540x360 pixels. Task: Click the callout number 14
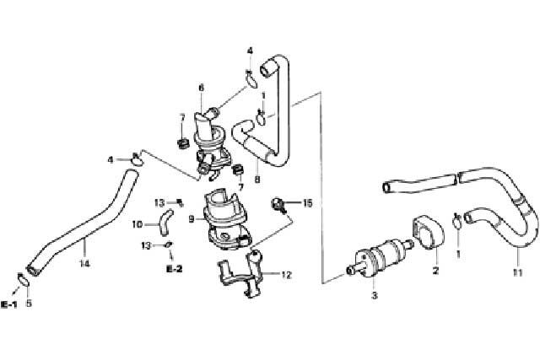(x=84, y=264)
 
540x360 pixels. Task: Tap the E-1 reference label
(x=9, y=304)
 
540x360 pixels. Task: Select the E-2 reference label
(x=175, y=269)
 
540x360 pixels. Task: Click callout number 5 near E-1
(x=29, y=304)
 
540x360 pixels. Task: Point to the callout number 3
(x=375, y=295)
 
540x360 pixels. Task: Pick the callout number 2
(x=435, y=271)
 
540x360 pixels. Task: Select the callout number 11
(x=517, y=272)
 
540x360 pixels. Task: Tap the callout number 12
(x=286, y=275)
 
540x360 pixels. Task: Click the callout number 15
(x=307, y=203)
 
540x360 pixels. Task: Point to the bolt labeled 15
(x=279, y=204)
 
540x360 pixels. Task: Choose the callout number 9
(x=192, y=218)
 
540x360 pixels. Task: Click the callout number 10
(x=138, y=224)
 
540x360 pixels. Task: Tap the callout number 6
(x=202, y=88)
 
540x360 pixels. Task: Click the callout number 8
(x=256, y=179)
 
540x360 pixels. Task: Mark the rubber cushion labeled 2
(x=428, y=232)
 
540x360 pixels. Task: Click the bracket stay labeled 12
(x=241, y=275)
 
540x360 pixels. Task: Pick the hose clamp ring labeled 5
(x=23, y=279)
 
